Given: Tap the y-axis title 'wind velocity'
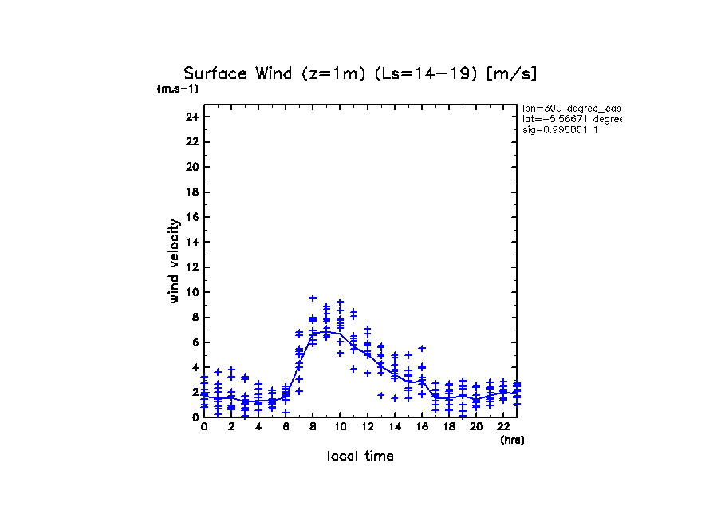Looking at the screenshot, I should [174, 261].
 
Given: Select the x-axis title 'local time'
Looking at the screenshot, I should [360, 456].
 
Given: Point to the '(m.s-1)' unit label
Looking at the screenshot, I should [178, 89].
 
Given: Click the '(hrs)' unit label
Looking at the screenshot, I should [512, 439].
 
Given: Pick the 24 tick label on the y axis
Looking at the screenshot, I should [191, 117].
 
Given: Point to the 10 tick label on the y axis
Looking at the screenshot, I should [191, 292].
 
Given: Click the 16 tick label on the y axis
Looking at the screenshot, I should [191, 217].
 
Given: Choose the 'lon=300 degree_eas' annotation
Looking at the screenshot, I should [571, 108].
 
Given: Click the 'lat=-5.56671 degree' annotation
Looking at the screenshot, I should [571, 119].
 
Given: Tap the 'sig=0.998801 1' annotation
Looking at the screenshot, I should [561, 129].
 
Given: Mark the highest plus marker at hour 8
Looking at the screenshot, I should [313, 299].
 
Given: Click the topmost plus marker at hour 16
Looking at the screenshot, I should [422, 348].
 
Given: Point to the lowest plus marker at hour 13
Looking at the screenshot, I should [381, 395].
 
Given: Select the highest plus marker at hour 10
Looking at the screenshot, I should [340, 303].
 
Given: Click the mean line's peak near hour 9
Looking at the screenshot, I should [326, 330].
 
